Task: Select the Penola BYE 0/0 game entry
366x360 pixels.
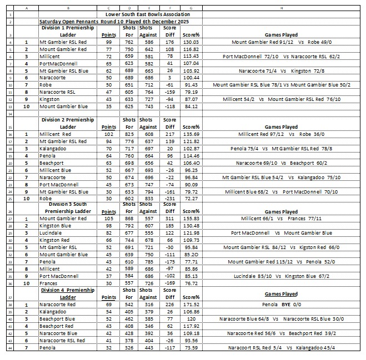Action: [282, 305]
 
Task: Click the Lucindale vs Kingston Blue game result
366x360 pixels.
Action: [282, 275]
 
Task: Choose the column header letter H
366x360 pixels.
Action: [282, 7]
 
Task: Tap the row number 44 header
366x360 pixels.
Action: [9, 348]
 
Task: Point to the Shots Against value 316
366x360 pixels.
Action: [147, 305]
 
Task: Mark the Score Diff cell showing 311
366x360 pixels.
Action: [170, 219]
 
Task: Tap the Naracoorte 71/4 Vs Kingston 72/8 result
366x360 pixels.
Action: [282, 72]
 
